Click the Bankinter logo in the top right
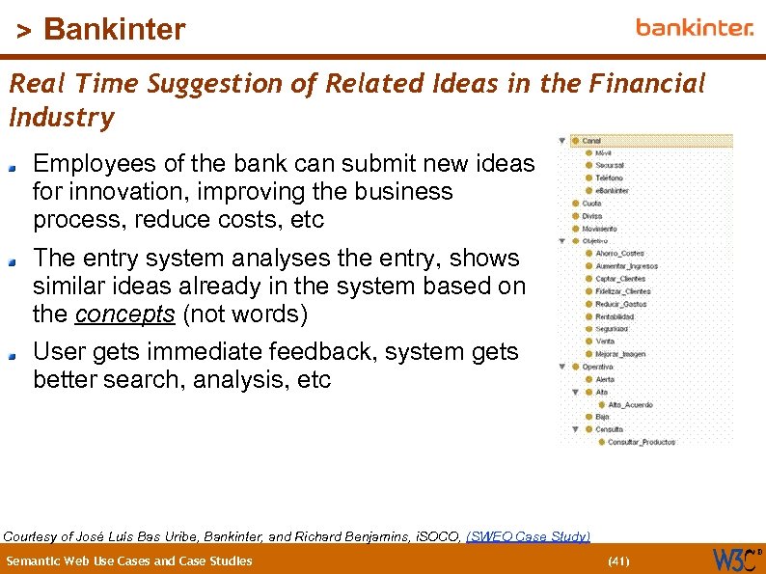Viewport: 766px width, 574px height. pos(694,27)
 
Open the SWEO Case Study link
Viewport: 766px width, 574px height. pos(528,536)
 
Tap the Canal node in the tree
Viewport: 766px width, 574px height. pos(591,141)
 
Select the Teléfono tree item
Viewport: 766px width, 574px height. pos(609,178)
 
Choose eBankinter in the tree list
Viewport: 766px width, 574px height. pos(612,191)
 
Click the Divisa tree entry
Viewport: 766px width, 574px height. pos(591,216)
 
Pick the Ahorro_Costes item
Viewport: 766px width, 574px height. pos(619,254)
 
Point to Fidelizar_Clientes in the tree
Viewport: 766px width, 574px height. pos(622,291)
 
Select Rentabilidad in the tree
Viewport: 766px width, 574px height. pos(615,316)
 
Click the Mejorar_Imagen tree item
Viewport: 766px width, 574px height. pos(620,354)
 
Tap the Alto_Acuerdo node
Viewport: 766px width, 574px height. pos(630,405)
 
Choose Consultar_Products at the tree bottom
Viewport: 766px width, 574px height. pos(641,443)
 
